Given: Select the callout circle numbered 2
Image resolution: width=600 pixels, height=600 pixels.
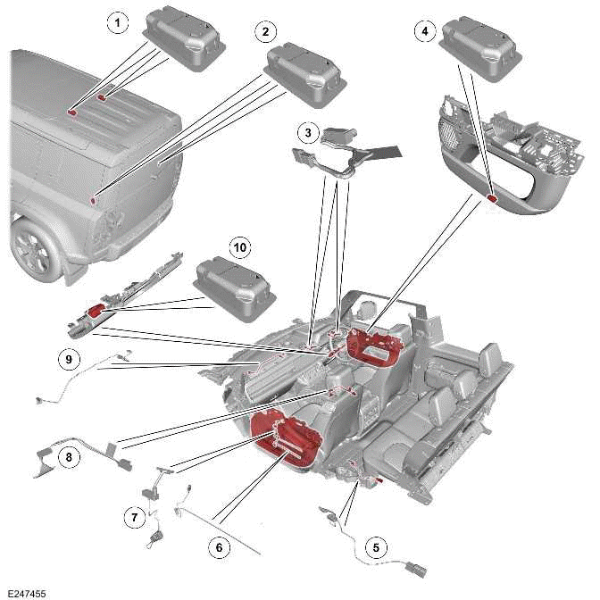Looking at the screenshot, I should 263,32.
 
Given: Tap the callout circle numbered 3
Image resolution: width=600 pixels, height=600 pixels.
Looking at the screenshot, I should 308,134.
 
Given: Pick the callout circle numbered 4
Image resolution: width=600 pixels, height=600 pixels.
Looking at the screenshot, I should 425,31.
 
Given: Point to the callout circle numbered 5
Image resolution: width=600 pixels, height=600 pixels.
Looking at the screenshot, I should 375,547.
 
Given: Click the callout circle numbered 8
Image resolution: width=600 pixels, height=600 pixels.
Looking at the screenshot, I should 67,457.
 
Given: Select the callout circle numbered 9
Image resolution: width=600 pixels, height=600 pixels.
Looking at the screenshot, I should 68,360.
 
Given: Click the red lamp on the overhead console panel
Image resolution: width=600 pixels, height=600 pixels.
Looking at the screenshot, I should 492,200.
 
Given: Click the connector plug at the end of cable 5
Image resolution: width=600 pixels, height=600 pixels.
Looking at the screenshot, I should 414,566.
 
